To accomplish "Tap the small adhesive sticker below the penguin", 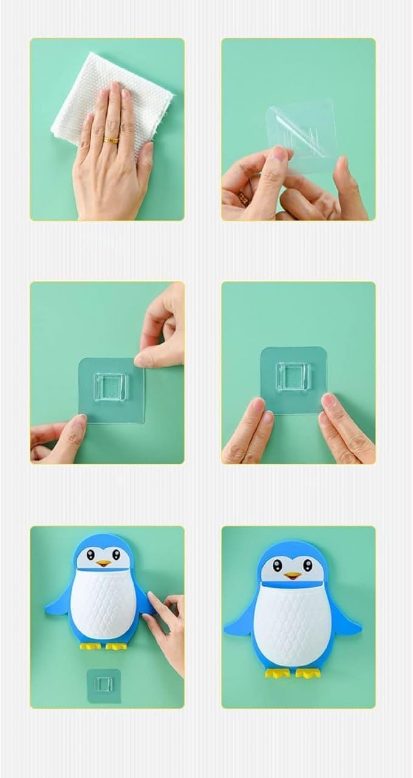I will [x=103, y=685].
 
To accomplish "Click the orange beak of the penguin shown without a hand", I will [x=293, y=574].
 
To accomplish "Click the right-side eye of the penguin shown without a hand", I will [x=307, y=566].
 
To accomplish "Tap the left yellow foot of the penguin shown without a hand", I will [x=277, y=672].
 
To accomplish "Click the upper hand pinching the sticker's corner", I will [x=161, y=331].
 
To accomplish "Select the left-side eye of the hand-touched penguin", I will [x=90, y=554].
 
